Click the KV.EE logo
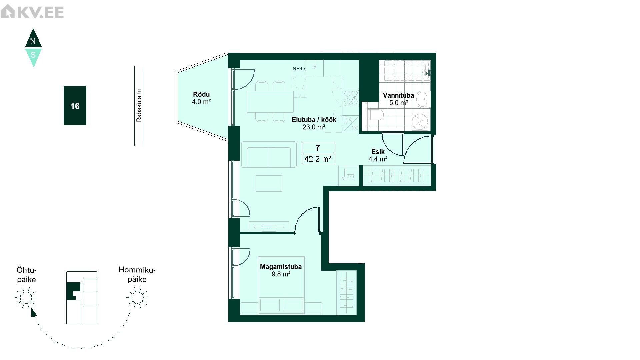click(32, 12)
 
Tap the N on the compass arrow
click(33, 41)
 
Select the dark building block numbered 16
click(75, 106)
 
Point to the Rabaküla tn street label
click(139, 105)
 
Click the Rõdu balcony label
click(201, 94)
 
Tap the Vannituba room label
click(398, 95)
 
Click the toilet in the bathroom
click(376, 115)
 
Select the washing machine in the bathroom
click(420, 121)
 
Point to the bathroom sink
click(422, 99)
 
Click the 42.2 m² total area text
click(318, 159)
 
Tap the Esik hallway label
click(378, 152)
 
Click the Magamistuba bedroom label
click(281, 267)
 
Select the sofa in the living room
click(269, 154)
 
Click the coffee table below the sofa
click(269, 183)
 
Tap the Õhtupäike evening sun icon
click(26, 297)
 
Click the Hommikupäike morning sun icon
click(137, 297)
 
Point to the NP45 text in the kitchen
click(299, 69)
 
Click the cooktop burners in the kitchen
click(351, 97)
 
